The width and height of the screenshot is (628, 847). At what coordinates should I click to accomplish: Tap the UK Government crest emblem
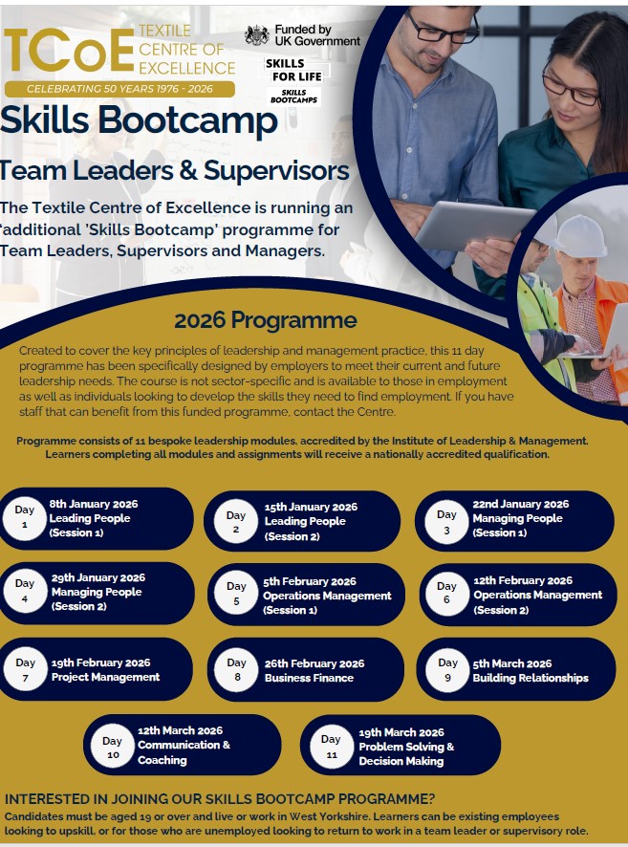click(257, 35)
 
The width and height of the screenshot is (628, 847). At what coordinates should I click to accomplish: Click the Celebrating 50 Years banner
click(119, 88)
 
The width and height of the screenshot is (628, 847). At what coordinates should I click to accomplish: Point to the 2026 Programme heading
click(265, 320)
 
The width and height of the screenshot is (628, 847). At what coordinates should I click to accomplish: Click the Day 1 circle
click(25, 518)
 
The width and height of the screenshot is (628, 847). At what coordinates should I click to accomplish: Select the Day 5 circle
click(236, 595)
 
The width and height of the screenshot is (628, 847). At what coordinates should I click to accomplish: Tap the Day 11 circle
click(331, 746)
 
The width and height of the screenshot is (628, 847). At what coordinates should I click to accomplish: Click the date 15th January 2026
click(311, 507)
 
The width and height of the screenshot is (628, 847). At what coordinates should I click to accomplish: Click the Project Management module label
click(105, 677)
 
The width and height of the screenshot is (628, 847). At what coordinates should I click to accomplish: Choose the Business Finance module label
click(309, 678)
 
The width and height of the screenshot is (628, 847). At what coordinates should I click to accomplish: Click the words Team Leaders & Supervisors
click(174, 171)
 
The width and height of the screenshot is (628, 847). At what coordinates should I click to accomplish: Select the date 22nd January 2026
click(520, 504)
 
